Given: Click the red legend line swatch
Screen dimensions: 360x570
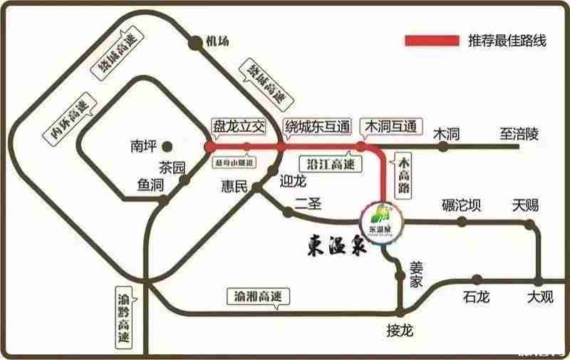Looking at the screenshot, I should coord(432,41).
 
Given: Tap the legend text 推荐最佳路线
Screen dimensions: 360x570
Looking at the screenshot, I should coord(507,41).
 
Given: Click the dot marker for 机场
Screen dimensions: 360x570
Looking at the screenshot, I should coord(195,43).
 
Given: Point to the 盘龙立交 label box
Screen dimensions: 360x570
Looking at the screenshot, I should coord(239,127).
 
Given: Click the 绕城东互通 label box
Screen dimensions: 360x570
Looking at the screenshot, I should coord(317,127).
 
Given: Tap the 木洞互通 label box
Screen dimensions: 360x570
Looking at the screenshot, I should coord(389,127).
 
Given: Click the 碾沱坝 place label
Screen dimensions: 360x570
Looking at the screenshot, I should coord(461,206).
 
